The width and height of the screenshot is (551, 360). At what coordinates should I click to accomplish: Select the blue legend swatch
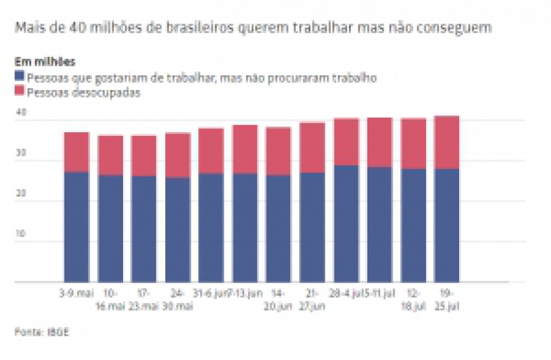click(x=20, y=77)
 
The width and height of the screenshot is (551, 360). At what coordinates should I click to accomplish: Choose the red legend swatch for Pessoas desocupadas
click(x=20, y=92)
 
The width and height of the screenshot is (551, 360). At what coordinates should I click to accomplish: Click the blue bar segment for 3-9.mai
click(x=77, y=227)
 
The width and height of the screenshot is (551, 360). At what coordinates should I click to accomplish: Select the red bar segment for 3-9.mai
click(x=77, y=152)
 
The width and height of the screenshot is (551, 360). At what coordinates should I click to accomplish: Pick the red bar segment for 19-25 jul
click(x=446, y=142)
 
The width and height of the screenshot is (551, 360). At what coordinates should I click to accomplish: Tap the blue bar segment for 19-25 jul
click(x=446, y=225)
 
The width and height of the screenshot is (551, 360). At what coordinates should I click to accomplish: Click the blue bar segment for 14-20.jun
click(x=278, y=229)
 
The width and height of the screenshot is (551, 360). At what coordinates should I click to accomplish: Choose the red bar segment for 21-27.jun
click(x=312, y=147)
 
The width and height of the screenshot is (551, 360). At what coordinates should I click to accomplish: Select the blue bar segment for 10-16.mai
click(x=110, y=229)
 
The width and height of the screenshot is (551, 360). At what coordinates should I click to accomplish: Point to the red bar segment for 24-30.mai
click(x=177, y=155)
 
